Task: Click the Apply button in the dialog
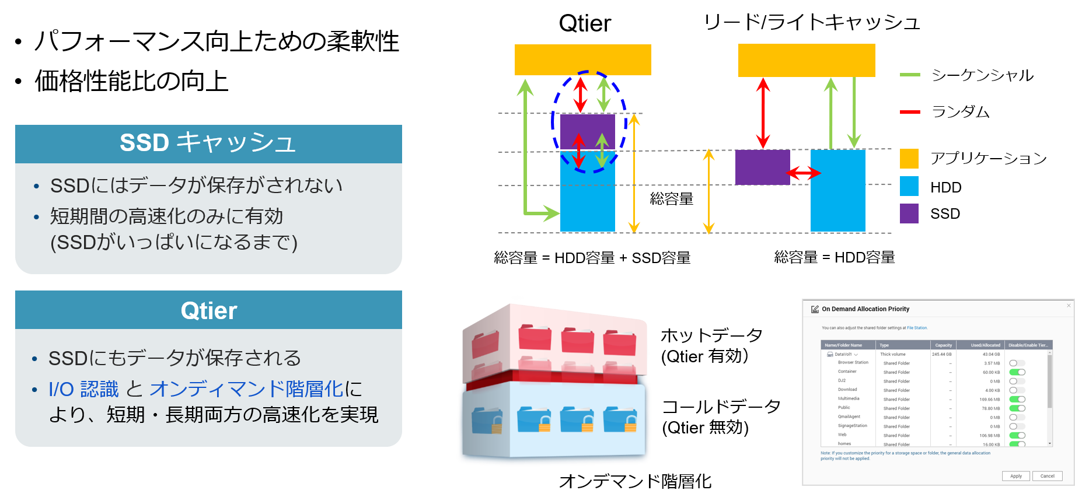(1015, 476)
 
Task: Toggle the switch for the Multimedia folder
(1017, 400)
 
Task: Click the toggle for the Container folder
(1017, 372)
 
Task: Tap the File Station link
(917, 328)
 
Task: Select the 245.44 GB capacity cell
(941, 354)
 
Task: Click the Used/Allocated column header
(985, 345)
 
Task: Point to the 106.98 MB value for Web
(989, 436)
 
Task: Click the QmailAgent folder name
(849, 417)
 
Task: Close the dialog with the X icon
(1069, 306)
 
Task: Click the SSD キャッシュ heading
(208, 143)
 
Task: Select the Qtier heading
(208, 310)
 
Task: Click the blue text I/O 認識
(83, 389)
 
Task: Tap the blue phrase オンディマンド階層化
(246, 389)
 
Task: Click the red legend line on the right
(910, 112)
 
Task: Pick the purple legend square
(909, 213)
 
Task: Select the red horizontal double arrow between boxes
(803, 173)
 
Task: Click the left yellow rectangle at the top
(582, 60)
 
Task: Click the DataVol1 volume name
(843, 354)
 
